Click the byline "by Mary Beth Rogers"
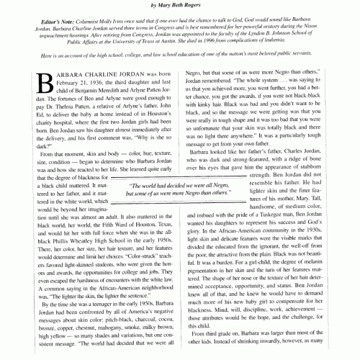[x=180, y=4]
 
